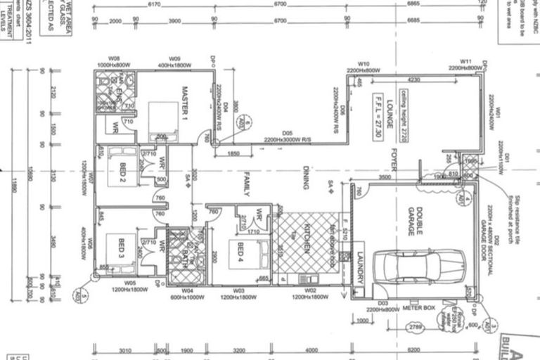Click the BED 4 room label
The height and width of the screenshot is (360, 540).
point(240,252)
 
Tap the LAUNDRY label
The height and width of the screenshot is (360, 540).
point(359,267)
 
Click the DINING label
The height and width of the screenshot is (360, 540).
point(306,177)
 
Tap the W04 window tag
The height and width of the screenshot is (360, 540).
point(187,290)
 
